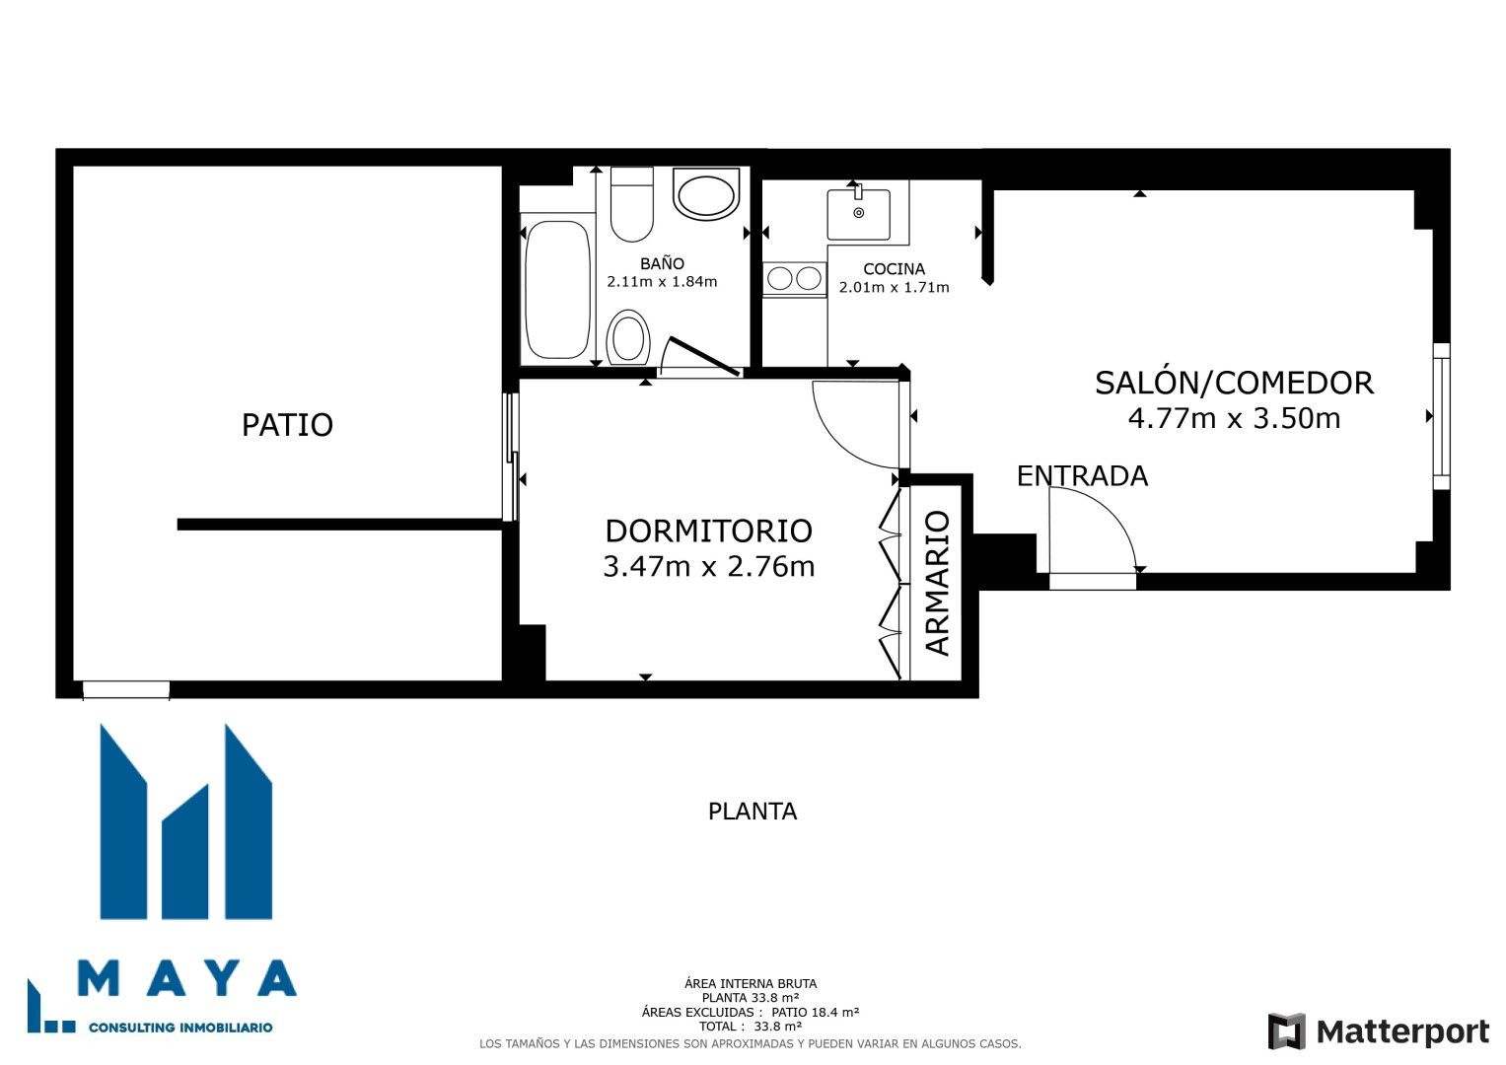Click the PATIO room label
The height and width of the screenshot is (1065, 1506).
[x=287, y=425]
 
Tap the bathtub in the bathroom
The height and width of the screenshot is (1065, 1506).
[x=557, y=290]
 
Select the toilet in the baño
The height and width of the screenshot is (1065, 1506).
[x=631, y=205]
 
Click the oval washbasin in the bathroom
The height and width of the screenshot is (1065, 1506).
[x=706, y=194]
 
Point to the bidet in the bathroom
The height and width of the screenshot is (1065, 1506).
[x=628, y=337]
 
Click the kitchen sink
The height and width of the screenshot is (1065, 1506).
[x=858, y=214]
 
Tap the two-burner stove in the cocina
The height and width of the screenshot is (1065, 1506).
[x=794, y=279]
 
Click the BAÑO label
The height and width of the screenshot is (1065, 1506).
[x=662, y=263]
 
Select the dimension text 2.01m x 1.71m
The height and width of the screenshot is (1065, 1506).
[x=894, y=288]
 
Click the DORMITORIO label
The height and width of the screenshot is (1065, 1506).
[x=708, y=531]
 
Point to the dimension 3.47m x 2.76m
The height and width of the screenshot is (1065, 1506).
[x=708, y=567]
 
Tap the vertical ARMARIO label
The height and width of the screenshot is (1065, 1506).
[x=937, y=583]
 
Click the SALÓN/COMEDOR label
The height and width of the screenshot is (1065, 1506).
[x=1234, y=383]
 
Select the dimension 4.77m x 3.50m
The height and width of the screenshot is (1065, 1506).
[x=1234, y=419]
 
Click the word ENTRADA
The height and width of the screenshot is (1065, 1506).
[x=1082, y=476]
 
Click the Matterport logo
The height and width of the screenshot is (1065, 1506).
[x=1378, y=1031]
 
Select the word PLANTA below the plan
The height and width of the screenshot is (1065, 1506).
[x=752, y=812]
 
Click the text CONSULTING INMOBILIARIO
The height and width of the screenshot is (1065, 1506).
[x=180, y=1028]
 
